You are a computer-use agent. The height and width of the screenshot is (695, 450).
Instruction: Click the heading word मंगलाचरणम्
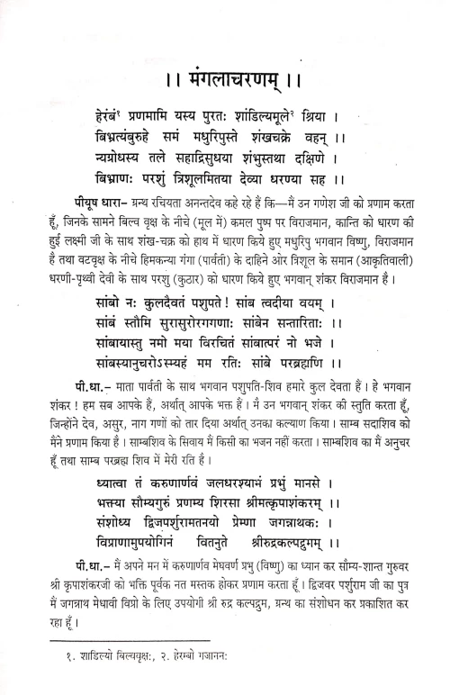(x=226, y=80)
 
